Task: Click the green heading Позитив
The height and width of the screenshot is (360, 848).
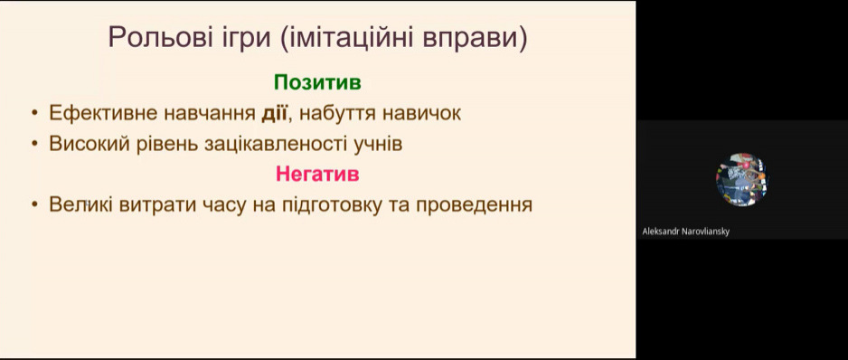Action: [x=317, y=82]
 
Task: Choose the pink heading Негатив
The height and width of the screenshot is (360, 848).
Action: [x=317, y=174]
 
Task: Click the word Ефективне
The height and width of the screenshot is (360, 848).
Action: [x=98, y=114]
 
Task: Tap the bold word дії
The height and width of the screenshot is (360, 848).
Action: [x=274, y=113]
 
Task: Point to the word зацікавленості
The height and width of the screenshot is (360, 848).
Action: [x=275, y=145]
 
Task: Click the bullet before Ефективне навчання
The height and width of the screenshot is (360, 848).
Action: [x=34, y=113]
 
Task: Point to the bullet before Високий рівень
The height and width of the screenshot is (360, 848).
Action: [x=34, y=144]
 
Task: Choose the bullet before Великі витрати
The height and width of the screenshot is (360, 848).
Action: [x=34, y=204]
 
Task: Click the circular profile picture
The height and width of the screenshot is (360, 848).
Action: [x=742, y=179]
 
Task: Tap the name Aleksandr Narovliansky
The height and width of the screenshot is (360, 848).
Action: [x=686, y=232]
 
